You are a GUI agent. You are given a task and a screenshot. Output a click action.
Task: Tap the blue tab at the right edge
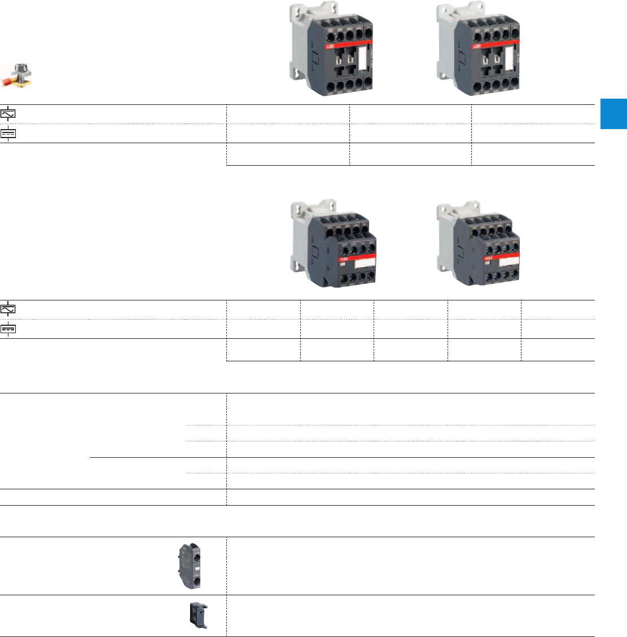point(613,114)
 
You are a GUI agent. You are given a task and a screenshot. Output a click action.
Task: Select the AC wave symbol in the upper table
point(8,114)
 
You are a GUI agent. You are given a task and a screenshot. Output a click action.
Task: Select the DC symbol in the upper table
point(8,134)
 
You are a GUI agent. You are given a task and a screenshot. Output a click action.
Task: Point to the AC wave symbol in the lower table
point(8,309)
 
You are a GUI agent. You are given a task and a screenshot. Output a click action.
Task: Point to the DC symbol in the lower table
point(8,329)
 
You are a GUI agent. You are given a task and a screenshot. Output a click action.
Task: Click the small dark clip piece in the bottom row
point(198,616)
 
